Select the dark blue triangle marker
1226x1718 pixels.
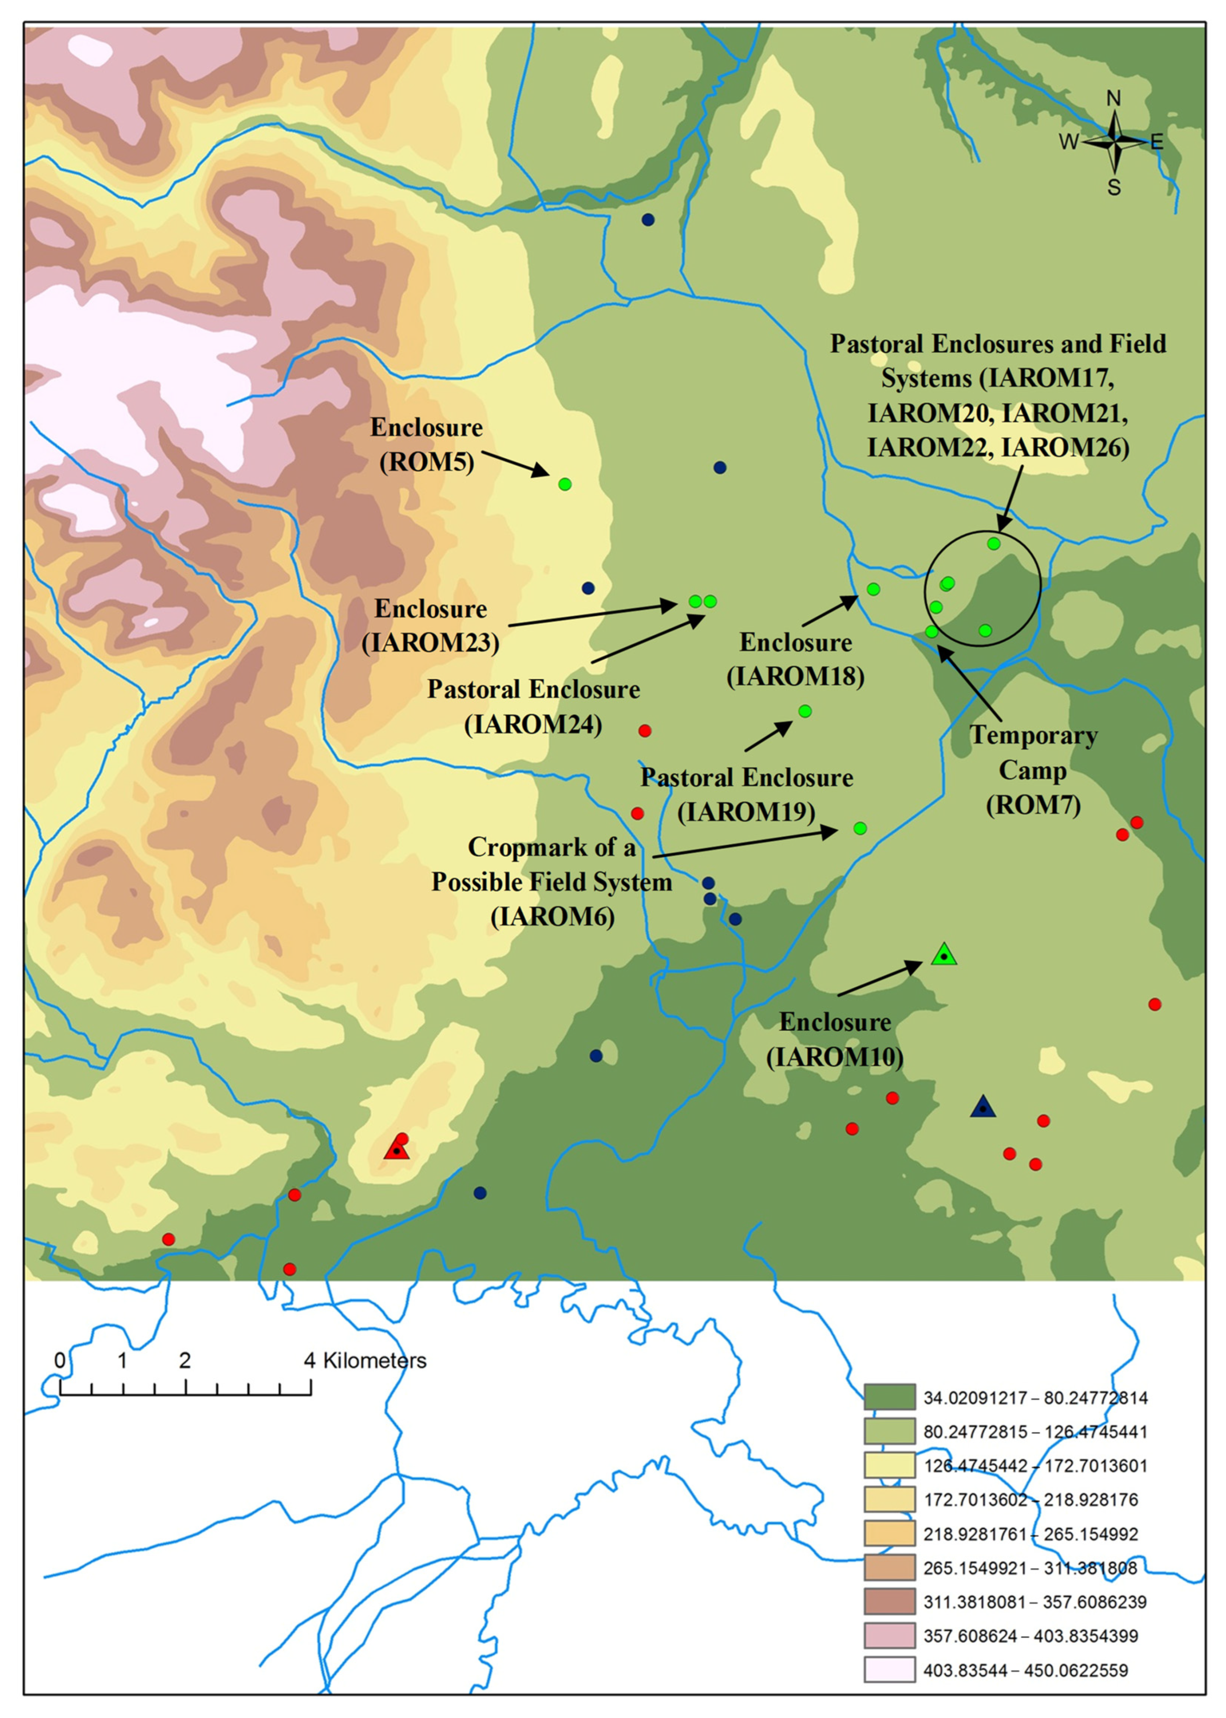[x=982, y=1107]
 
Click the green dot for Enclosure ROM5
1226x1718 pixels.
[x=565, y=484]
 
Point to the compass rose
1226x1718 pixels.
[x=1114, y=141]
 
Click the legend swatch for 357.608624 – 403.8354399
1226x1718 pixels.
[x=889, y=1636]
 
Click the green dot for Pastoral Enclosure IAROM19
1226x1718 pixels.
[x=805, y=711]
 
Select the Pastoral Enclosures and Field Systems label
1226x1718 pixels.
[x=998, y=395]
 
